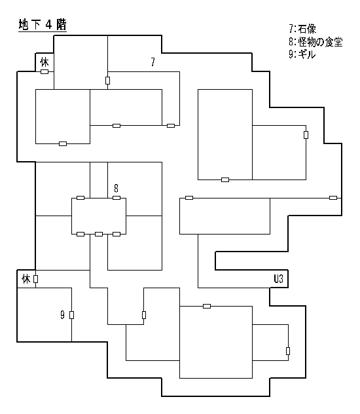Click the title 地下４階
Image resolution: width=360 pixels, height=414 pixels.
[43, 25]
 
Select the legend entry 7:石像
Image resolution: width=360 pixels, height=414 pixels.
[302, 29]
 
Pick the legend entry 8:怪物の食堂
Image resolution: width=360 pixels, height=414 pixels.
[315, 42]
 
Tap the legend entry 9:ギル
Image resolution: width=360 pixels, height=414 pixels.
[302, 54]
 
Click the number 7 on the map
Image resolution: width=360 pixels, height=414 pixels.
[153, 62]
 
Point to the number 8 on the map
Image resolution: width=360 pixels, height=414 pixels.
[116, 188]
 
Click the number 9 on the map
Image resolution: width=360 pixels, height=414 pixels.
[62, 314]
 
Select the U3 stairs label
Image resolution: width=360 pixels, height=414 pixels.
[278, 278]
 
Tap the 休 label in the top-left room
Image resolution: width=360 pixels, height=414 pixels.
[45, 62]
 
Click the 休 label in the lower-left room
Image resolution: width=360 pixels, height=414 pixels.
[26, 278]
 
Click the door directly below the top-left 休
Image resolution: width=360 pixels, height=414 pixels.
[45, 71]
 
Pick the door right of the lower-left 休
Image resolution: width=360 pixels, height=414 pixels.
[35, 279]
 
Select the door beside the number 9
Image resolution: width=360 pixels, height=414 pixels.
[71, 315]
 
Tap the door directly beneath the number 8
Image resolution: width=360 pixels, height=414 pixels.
[117, 198]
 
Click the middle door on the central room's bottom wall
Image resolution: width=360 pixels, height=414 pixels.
[99, 234]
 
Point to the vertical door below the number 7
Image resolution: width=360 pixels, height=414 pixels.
[107, 81]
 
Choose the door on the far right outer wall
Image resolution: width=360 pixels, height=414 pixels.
[333, 198]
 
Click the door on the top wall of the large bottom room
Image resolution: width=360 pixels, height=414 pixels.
[207, 306]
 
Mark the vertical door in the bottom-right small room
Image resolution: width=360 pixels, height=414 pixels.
[288, 351]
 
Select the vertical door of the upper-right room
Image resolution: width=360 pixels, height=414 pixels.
[306, 135]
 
